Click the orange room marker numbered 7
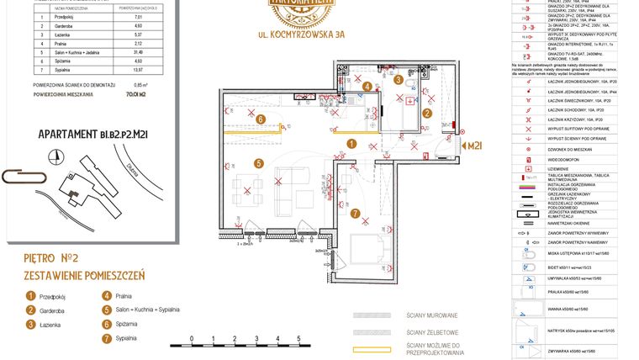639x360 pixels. [x=356, y=214]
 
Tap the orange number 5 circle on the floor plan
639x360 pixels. [x=260, y=163]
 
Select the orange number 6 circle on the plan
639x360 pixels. [x=261, y=119]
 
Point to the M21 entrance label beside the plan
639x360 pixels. [x=478, y=146]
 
